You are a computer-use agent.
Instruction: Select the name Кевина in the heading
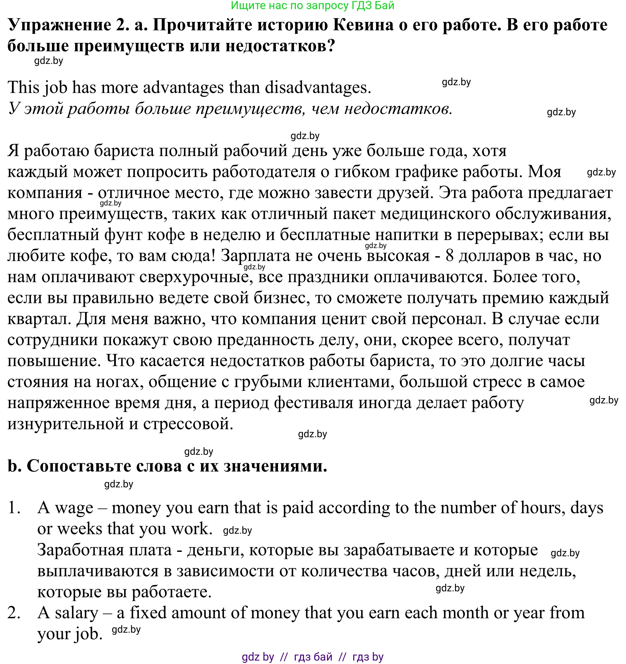coord(363,25)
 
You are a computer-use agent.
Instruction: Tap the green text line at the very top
coord(312,5)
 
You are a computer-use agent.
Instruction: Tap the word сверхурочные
coord(194,277)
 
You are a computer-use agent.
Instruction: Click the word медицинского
coord(436,214)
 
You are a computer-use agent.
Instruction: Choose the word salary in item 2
coord(77,613)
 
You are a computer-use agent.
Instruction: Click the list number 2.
coord(14,613)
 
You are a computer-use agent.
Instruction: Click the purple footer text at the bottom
coord(312,657)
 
